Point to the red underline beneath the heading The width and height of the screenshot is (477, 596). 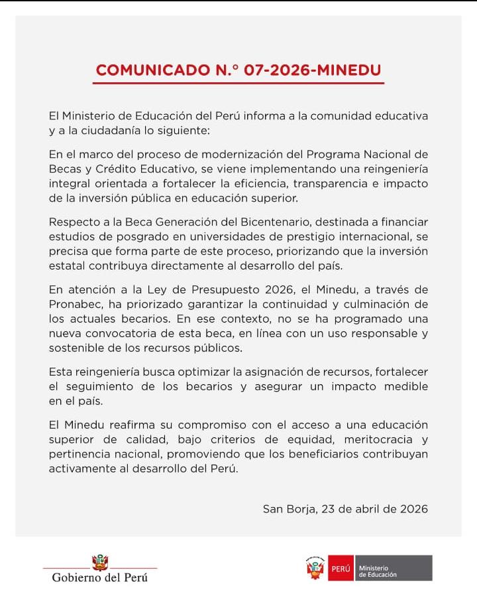tap(238, 83)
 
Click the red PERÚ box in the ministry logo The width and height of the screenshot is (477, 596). tap(340, 569)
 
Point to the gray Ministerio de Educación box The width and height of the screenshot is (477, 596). tap(393, 569)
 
